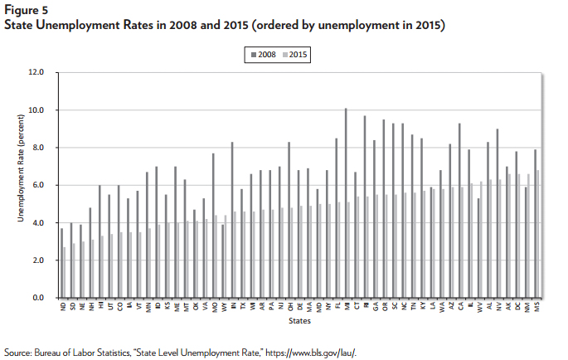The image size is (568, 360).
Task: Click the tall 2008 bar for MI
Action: [x=346, y=203]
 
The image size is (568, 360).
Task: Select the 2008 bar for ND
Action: [x=62, y=263]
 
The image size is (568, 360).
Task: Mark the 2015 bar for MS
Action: [x=539, y=234]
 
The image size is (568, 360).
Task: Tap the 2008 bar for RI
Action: [x=365, y=207]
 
